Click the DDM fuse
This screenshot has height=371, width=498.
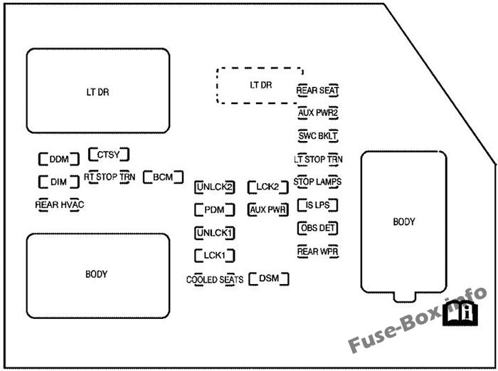(x=54, y=159)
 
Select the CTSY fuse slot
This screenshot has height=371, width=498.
(x=108, y=154)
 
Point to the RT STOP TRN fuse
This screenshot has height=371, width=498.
(x=110, y=176)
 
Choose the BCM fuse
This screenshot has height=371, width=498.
(x=163, y=177)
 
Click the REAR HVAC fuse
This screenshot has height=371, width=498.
(x=60, y=204)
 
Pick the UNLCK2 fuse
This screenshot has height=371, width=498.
(x=215, y=187)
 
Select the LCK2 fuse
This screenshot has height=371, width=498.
(x=267, y=187)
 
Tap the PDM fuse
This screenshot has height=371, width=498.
(x=214, y=210)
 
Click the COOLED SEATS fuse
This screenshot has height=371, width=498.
(x=215, y=280)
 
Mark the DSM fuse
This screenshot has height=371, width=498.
(x=269, y=278)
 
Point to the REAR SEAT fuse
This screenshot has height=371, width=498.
(x=317, y=90)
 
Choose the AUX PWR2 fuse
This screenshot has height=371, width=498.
(x=317, y=113)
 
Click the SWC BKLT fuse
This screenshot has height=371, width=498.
(x=317, y=135)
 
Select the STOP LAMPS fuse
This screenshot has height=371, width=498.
(x=317, y=182)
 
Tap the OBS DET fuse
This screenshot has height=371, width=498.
(x=317, y=228)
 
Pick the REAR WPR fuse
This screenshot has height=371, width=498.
(x=317, y=251)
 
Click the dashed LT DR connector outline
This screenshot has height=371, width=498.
(x=260, y=85)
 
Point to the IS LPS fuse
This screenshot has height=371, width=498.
(x=317, y=205)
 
